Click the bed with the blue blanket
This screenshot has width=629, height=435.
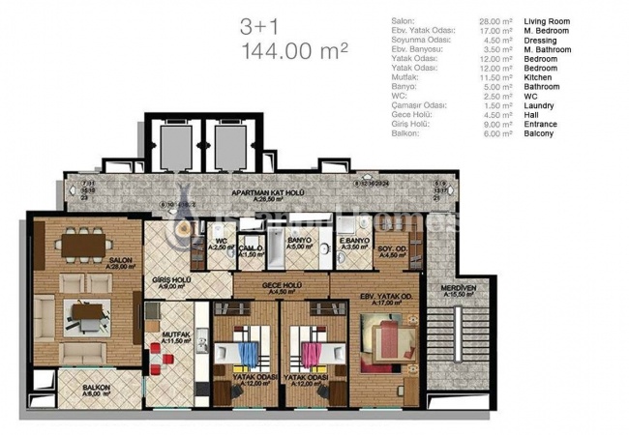point(246,355)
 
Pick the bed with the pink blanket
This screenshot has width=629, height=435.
point(313,355)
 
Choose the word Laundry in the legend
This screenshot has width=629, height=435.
point(548,105)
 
